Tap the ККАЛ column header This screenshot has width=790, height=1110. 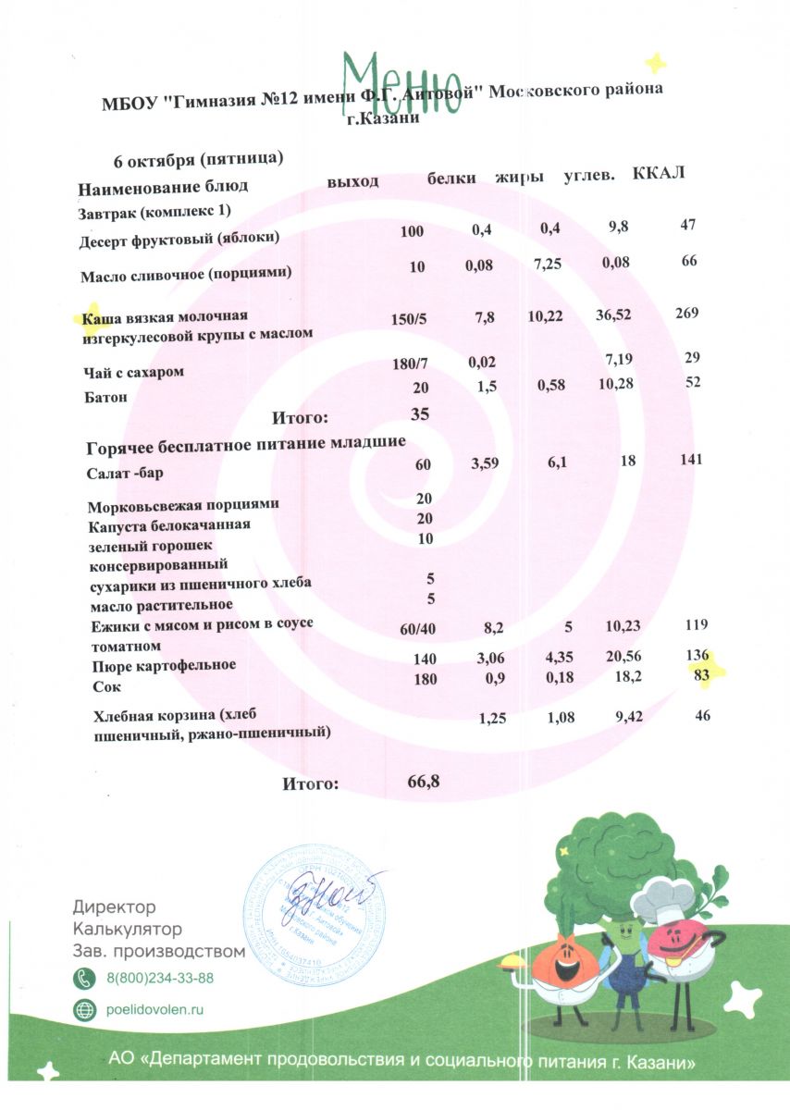tap(659, 175)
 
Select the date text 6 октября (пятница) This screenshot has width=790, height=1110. tap(197, 159)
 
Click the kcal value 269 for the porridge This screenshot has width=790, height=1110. tap(685, 314)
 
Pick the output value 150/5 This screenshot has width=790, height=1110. tap(409, 319)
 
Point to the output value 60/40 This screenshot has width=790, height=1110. tap(417, 630)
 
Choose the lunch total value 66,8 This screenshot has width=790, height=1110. tap(423, 782)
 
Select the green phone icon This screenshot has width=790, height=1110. tap(84, 977)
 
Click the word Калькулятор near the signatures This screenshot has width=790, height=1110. tap(127, 928)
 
